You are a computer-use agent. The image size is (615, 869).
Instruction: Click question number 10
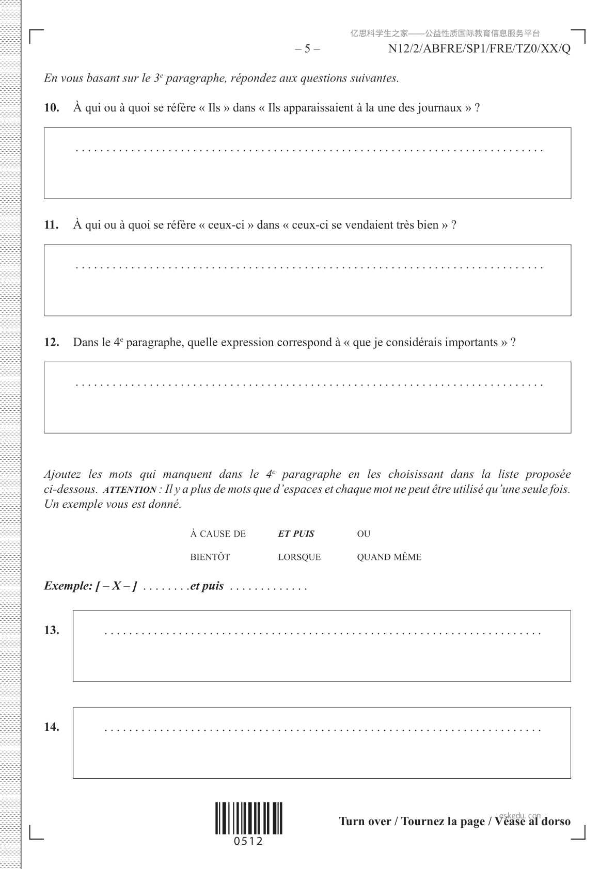pos(52,108)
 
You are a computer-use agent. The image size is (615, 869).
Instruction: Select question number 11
pos(51,225)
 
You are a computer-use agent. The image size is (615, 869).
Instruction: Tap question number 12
pos(52,342)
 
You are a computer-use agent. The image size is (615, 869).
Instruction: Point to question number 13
pos(52,630)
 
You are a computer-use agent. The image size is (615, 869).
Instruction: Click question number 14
pos(52,727)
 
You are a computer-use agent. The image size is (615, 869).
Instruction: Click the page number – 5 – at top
pos(307,49)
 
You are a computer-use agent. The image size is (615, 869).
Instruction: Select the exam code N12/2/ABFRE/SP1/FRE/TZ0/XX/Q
pos(479,49)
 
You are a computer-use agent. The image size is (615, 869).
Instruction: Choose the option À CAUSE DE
pos(218,534)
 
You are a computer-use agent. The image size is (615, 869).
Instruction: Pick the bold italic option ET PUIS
pos(296,534)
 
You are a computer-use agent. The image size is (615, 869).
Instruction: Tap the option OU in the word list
pos(364,534)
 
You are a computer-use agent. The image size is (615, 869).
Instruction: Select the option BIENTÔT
pos(210,557)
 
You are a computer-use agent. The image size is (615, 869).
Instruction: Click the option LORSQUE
pos(299,557)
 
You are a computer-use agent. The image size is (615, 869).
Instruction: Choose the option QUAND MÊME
pos(389,557)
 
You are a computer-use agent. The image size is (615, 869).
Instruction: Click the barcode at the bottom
pos(249,818)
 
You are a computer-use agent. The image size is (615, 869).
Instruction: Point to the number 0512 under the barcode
pos(248,842)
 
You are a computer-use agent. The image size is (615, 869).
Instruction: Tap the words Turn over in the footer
pos(365,822)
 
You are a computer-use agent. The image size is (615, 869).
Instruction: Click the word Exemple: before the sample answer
pos(68,586)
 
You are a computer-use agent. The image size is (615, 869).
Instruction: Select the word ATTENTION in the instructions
pos(130,490)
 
